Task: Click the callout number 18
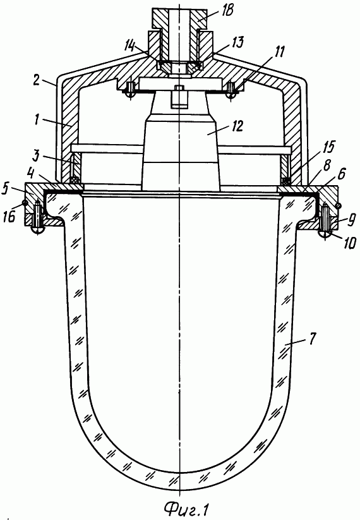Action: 229,11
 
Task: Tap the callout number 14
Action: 129,45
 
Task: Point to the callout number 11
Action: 280,52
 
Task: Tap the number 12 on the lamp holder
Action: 237,126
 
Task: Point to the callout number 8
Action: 327,166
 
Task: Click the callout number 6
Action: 342,173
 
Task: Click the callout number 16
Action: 11,216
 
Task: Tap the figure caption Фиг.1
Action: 187,508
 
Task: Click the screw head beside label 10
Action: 325,233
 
